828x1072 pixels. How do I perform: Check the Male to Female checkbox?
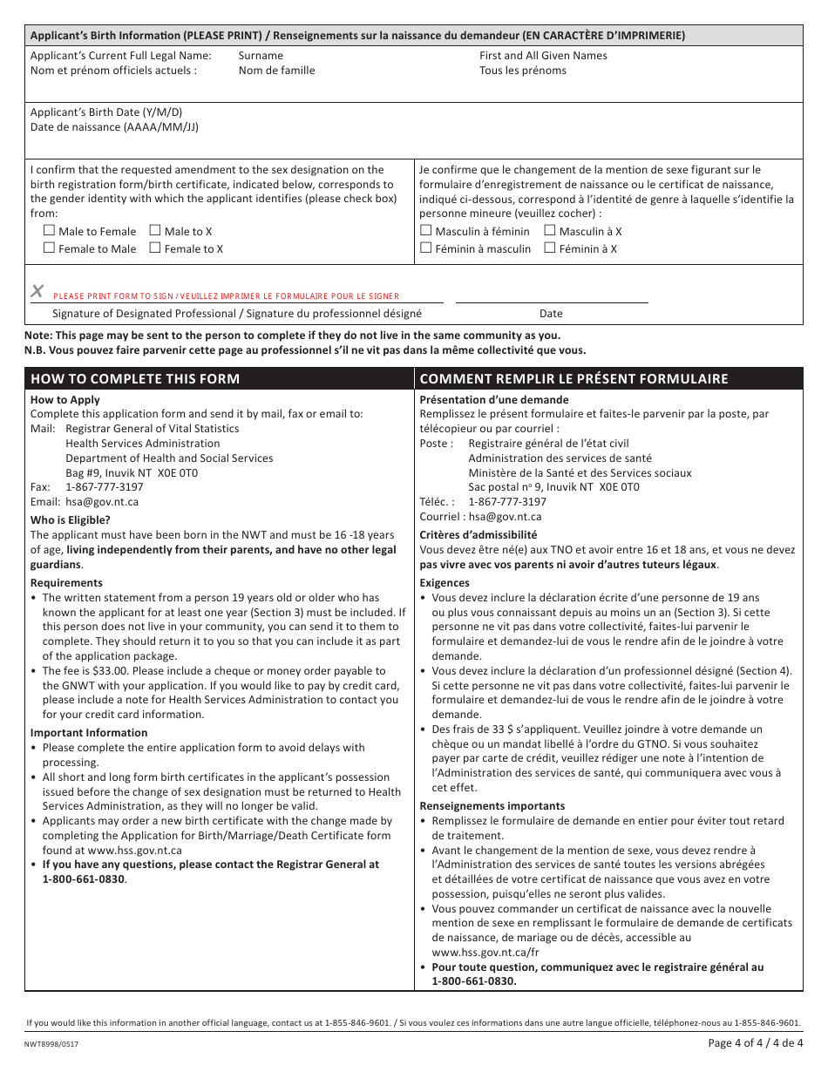[50, 231]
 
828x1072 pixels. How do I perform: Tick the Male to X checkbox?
[155, 231]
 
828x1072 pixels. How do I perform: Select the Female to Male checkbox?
[50, 248]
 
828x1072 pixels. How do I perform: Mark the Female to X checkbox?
[155, 248]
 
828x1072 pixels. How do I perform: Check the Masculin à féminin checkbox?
[426, 231]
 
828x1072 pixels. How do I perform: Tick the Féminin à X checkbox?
[550, 248]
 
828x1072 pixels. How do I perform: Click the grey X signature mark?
[37, 291]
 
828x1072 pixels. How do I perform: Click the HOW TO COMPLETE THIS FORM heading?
[135, 379]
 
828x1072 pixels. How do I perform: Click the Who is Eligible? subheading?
[71, 520]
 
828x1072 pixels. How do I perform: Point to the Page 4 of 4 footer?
[756, 1043]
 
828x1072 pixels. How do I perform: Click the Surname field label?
[261, 56]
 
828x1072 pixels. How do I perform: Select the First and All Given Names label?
[543, 56]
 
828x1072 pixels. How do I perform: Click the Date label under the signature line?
[551, 314]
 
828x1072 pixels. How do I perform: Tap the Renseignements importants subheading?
[492, 806]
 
